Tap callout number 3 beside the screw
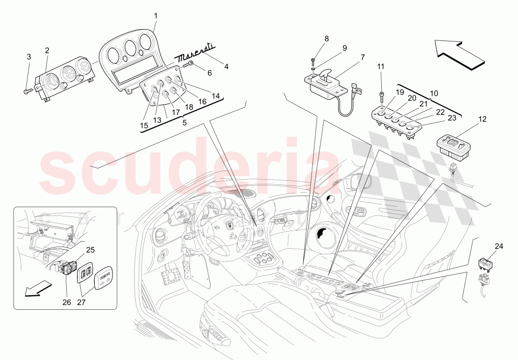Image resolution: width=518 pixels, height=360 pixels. tap(29, 56)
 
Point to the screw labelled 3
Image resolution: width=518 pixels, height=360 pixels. tap(26, 92)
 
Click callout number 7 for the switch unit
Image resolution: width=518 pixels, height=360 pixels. tap(363, 57)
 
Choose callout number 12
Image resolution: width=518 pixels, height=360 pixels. tap(482, 120)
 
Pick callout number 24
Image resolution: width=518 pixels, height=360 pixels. tap(499, 246)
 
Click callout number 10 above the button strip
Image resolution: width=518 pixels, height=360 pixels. tap(434, 93)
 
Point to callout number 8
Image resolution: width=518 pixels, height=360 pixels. tap(326, 38)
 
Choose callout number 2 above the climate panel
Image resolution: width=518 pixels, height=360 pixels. tap(47, 50)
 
